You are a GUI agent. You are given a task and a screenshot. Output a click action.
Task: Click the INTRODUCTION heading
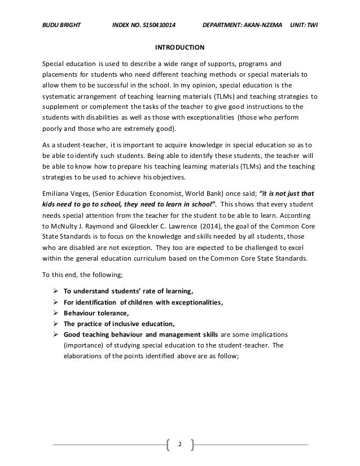[x=180, y=47]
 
